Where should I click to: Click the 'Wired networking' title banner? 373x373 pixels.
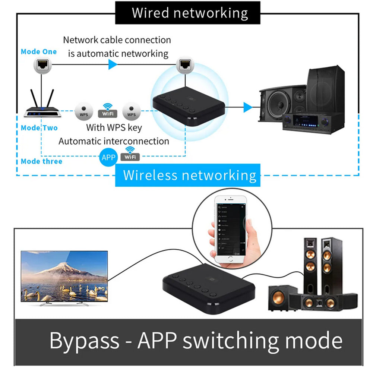pyautogui.click(x=190, y=13)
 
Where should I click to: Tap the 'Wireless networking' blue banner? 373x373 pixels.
pyautogui.click(x=190, y=175)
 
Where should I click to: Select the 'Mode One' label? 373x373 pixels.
pyautogui.click(x=39, y=52)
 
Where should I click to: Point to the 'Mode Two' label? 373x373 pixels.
pyautogui.click(x=39, y=128)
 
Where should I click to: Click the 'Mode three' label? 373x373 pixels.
pyautogui.click(x=41, y=161)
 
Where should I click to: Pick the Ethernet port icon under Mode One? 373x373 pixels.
pyautogui.click(x=42, y=65)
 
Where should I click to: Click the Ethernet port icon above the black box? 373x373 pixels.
pyautogui.click(x=184, y=64)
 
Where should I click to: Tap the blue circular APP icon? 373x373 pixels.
pyautogui.click(x=108, y=157)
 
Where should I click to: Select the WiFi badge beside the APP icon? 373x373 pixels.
pyautogui.click(x=130, y=154)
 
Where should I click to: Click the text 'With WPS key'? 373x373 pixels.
pyautogui.click(x=114, y=127)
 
